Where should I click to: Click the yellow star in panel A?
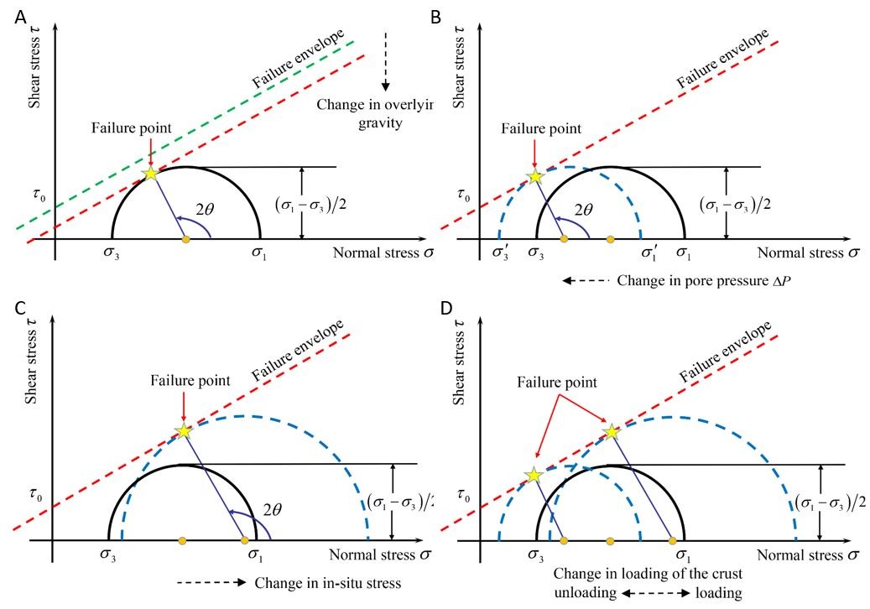150,174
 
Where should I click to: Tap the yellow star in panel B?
534,178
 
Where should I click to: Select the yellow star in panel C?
184,431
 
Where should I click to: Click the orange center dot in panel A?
186,239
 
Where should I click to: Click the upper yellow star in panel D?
612,432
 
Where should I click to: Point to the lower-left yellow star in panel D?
534,476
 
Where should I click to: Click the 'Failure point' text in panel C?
185,381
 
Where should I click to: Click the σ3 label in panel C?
110,554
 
